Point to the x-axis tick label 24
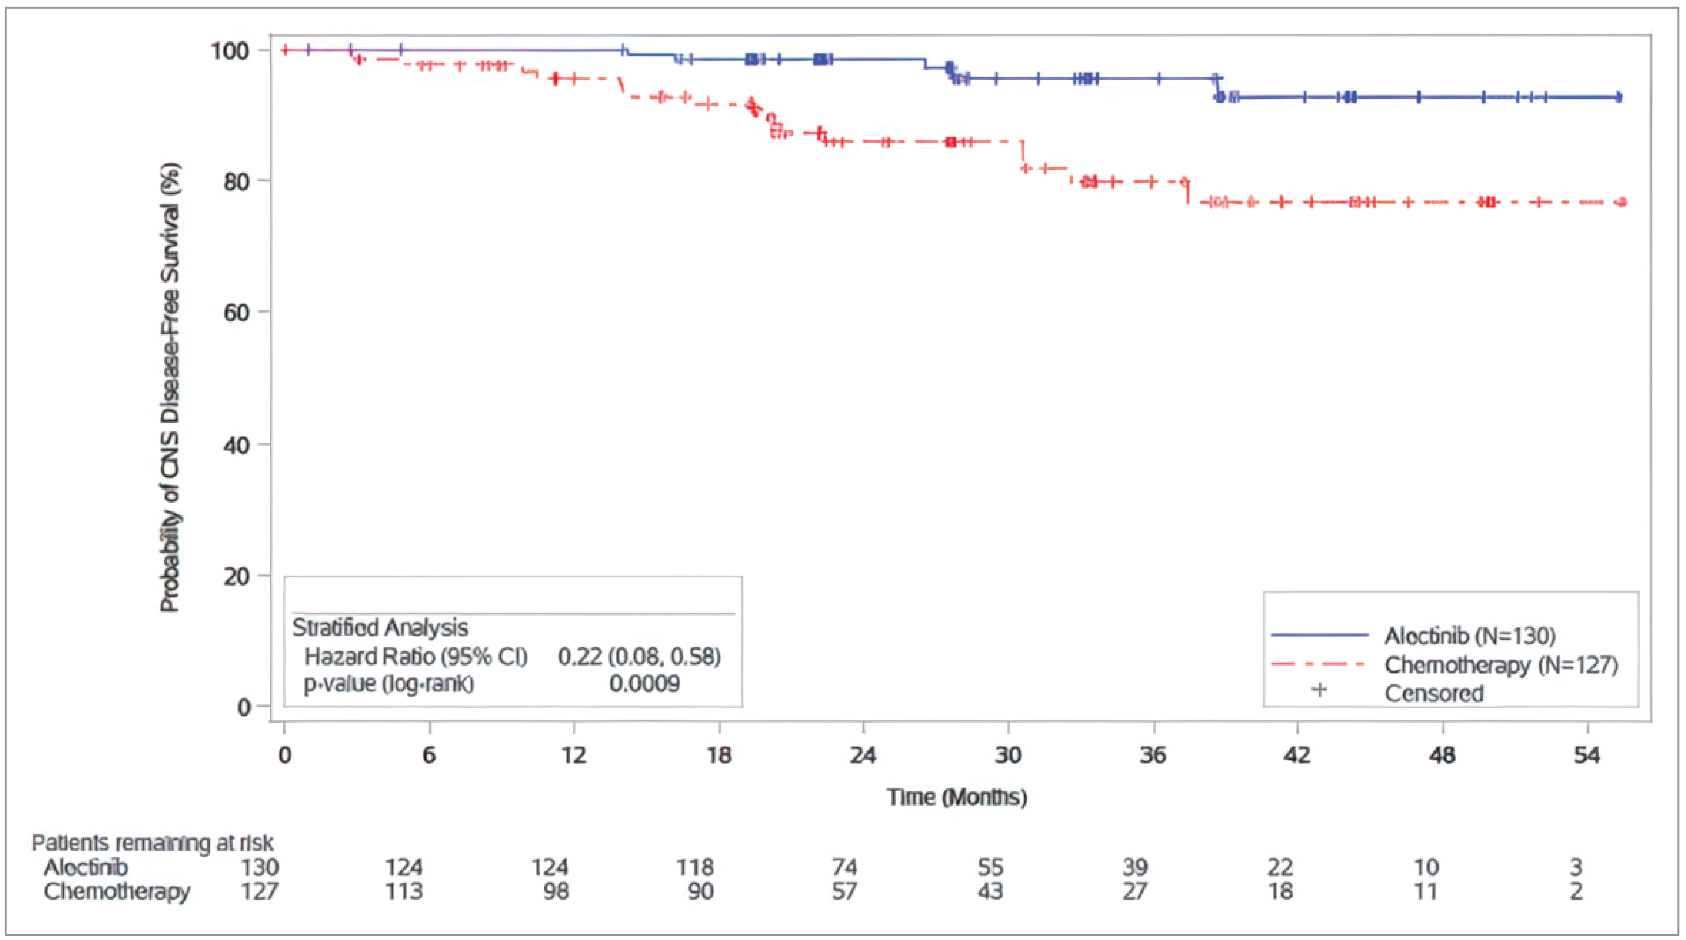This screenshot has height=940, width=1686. tap(863, 756)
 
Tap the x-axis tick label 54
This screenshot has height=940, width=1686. tap(1587, 756)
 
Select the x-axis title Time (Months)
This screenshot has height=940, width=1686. tap(957, 797)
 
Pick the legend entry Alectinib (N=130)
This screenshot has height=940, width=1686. tap(1469, 635)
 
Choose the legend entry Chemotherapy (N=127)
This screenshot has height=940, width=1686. tap(1501, 665)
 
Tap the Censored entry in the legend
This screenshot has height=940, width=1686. tap(1434, 693)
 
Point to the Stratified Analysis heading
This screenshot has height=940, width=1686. tap(380, 627)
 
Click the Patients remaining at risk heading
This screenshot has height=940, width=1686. tap(153, 843)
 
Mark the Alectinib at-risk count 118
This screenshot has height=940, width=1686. tap(695, 867)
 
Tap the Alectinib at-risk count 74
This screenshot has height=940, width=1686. tap(844, 867)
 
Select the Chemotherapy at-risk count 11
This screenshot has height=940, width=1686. tap(1426, 891)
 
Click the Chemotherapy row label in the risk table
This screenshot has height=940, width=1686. tap(117, 891)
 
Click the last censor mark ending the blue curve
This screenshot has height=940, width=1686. tap(1618, 97)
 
